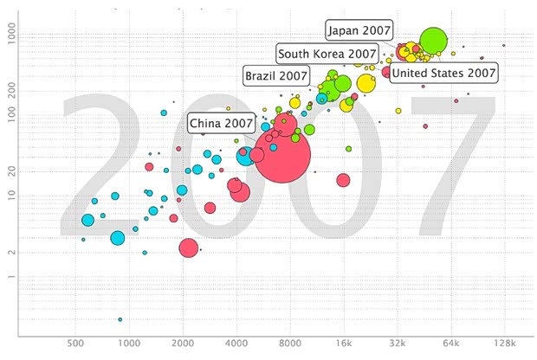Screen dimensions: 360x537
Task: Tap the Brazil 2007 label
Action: point(276,75)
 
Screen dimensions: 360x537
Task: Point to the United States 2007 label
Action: point(443,73)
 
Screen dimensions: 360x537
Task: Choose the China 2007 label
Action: point(222,123)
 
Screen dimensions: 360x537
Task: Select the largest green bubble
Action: point(433,40)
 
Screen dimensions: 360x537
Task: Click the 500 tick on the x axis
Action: point(74,344)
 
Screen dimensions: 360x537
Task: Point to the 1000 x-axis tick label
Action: point(128,344)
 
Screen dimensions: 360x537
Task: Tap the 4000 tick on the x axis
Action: point(236,344)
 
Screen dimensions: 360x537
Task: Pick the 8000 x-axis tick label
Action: point(291,344)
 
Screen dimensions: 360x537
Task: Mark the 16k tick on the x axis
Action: point(343,344)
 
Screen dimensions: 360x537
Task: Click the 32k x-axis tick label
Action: point(397,344)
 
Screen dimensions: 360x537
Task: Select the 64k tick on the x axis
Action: point(451,344)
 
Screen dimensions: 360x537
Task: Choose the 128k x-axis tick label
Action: point(505,344)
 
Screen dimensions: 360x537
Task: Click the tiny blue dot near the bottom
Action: point(120,319)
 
